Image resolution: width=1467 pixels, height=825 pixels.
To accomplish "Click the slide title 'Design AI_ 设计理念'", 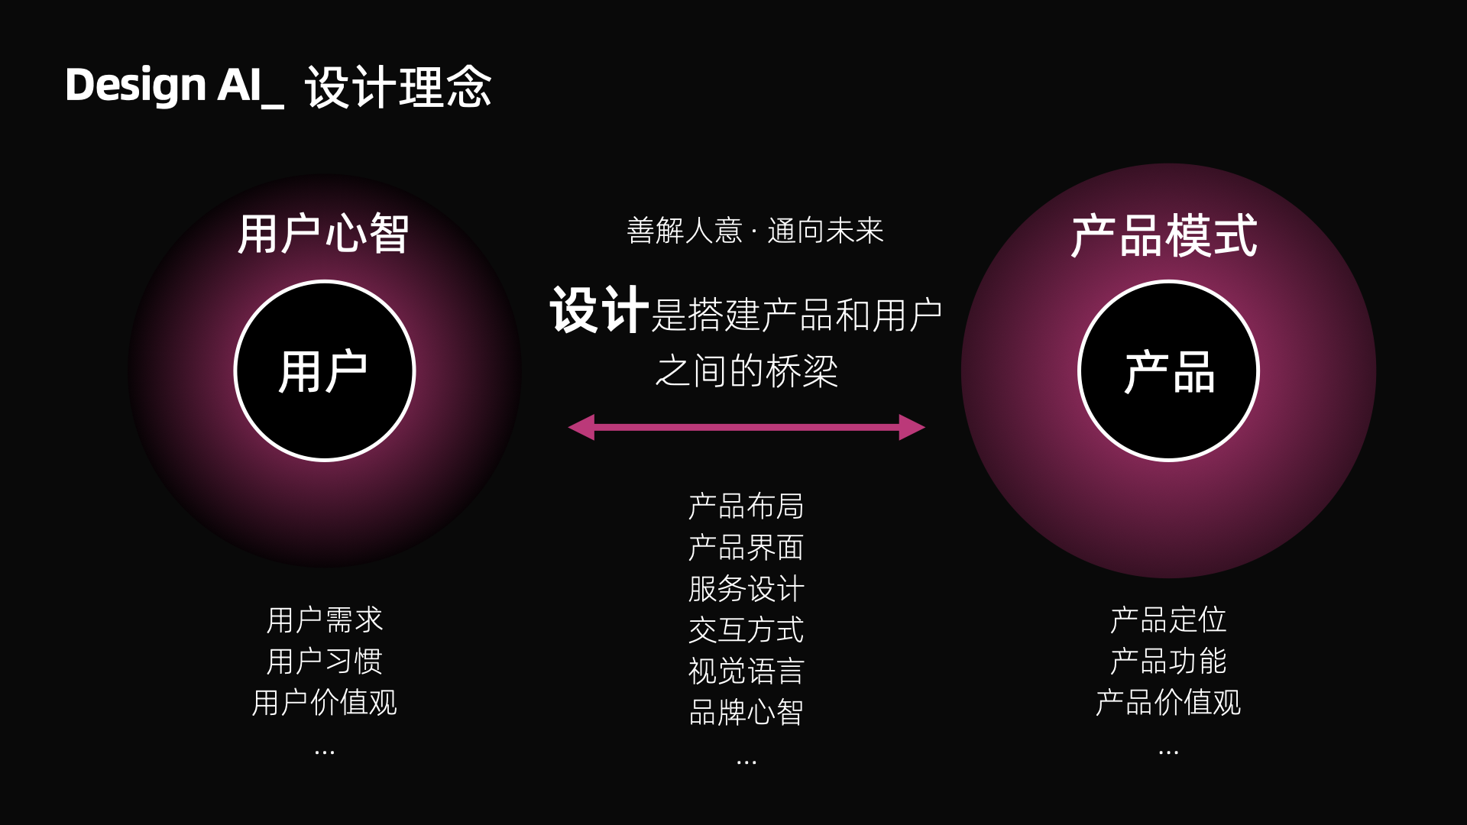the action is tap(278, 86).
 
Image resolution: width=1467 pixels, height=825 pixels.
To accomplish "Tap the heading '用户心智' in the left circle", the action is tap(324, 234).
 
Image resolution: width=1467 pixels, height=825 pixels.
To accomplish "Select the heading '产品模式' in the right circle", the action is tap(1164, 236).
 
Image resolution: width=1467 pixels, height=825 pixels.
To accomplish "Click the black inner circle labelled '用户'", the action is tap(324, 371).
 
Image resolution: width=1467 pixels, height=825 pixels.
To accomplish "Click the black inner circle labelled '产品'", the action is tap(1168, 371).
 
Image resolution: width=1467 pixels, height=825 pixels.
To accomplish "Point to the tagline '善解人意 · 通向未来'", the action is tap(755, 231).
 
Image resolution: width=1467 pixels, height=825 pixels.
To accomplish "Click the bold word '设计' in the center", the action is tap(600, 311).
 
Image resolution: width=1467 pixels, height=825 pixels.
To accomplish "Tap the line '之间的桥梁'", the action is tap(746, 371).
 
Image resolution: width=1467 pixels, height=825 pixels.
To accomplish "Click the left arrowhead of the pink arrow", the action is tap(582, 427).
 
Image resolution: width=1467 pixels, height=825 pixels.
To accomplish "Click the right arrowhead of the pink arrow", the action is tap(912, 427).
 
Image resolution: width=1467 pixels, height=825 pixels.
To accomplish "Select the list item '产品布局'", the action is tap(746, 506).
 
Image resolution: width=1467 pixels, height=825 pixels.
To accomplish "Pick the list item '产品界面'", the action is tap(746, 548).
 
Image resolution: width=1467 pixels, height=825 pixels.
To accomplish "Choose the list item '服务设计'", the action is tap(746, 589).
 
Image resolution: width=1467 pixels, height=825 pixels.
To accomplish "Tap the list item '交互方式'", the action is tap(746, 630).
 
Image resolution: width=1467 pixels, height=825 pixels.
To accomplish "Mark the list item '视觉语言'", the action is tap(746, 671).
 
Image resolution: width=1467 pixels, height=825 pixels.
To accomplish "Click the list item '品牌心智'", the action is tap(746, 713).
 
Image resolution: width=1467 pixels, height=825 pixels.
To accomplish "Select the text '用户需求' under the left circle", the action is tap(324, 620).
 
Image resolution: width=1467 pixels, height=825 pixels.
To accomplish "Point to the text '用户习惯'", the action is tap(324, 662).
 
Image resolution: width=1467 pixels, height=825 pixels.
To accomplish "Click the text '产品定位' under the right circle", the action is tap(1168, 620).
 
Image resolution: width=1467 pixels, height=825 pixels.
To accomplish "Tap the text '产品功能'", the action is tap(1168, 662).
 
